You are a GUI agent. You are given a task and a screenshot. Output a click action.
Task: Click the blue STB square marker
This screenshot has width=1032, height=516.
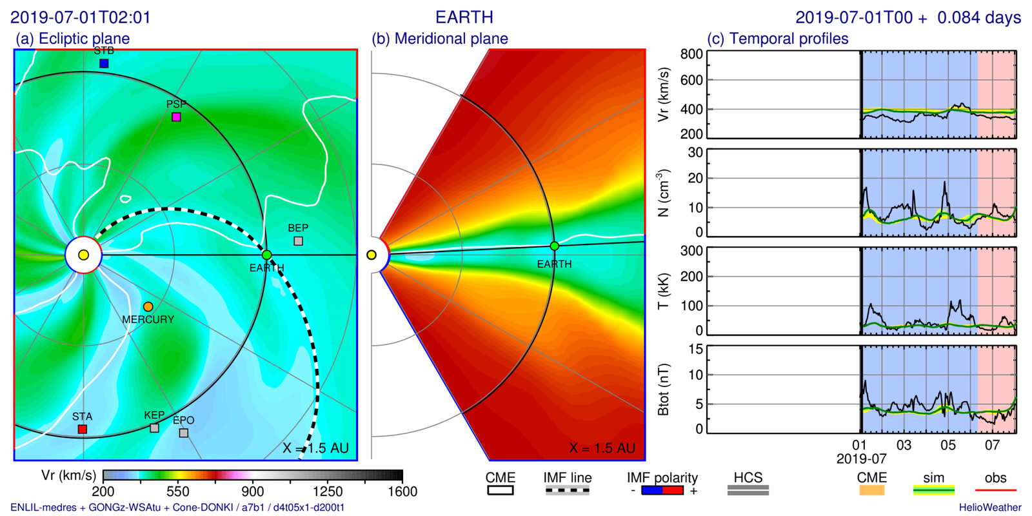[x=104, y=63]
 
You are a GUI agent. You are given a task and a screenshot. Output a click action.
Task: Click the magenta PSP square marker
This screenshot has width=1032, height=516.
[x=176, y=117]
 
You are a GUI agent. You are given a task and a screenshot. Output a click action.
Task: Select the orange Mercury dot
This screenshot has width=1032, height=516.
[x=148, y=306]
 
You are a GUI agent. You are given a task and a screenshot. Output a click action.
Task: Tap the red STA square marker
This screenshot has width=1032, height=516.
[x=83, y=429]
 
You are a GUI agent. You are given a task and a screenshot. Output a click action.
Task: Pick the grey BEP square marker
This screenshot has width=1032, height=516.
[x=298, y=241]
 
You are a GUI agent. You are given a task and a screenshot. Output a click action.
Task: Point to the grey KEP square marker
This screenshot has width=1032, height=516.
[x=154, y=428]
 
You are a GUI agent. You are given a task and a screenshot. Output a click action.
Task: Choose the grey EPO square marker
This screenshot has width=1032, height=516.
[x=184, y=433]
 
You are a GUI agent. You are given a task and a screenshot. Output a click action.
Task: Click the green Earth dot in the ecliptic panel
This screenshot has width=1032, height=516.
[x=267, y=255]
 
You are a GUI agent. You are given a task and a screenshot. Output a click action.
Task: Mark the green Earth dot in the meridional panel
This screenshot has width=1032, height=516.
[x=554, y=246]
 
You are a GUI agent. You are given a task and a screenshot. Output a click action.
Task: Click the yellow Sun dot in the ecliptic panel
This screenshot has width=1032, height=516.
[x=83, y=255]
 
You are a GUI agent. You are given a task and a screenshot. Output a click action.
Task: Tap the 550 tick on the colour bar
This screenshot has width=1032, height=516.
[x=178, y=491]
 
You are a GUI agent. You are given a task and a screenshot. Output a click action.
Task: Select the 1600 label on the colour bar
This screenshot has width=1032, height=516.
[x=402, y=491]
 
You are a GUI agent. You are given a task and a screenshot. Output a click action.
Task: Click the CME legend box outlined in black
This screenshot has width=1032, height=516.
[x=501, y=491]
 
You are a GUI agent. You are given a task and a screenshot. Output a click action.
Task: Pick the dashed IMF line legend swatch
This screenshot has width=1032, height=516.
[x=567, y=491]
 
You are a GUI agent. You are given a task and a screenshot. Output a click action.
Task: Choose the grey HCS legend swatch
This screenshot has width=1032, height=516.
[x=748, y=491]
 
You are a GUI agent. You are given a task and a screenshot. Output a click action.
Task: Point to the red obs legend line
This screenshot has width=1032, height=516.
[x=995, y=491]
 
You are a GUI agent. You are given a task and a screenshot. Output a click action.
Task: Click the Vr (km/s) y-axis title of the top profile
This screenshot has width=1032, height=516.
[x=663, y=95]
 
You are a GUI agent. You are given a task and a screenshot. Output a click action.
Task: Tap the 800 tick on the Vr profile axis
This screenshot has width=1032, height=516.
[x=691, y=54]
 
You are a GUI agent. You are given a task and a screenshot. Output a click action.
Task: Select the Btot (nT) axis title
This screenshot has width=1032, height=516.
[x=663, y=389]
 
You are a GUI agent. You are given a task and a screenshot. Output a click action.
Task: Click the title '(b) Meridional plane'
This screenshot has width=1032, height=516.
[x=440, y=39]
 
